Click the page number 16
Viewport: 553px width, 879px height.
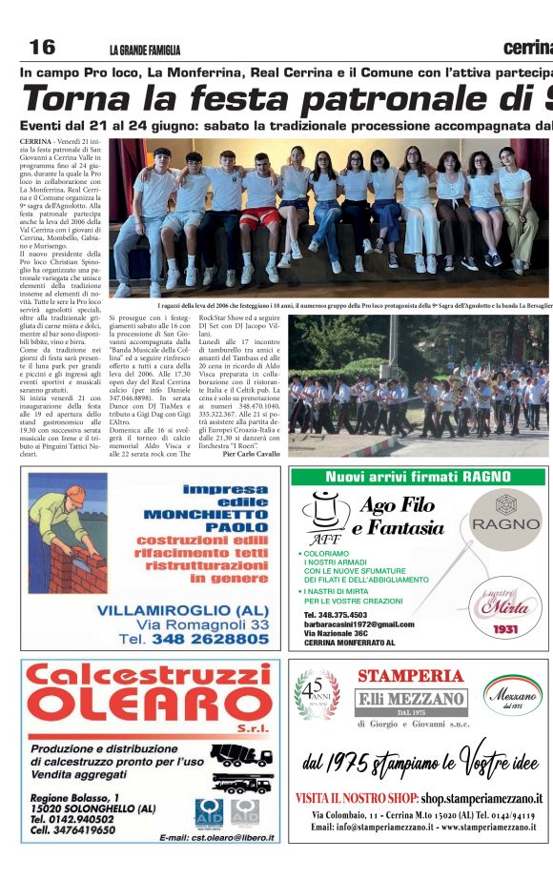coord(42,48)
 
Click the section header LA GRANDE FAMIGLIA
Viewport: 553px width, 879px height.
coord(144,51)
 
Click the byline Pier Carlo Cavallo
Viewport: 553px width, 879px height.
coord(251,454)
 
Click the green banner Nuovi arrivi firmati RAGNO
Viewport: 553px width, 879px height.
coord(419,477)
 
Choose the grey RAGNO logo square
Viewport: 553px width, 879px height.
coord(504,519)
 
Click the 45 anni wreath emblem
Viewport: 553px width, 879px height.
coord(317,693)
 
